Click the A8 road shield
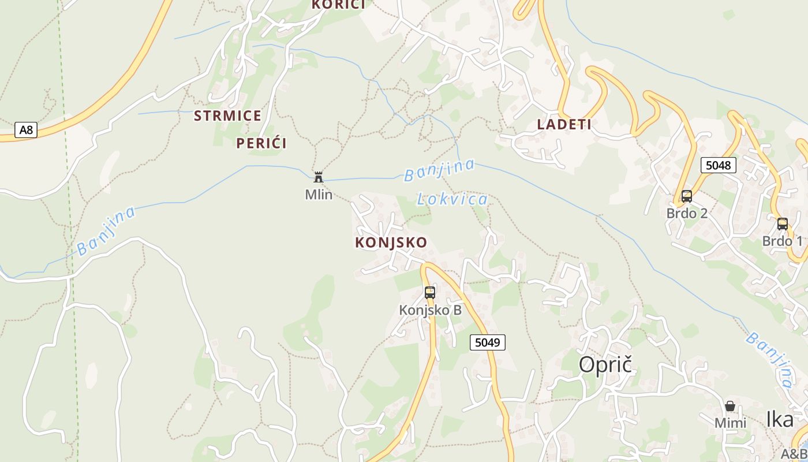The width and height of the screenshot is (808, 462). point(26,130)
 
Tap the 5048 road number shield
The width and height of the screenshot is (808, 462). point(719,165)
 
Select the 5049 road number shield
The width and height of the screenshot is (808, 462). point(487,342)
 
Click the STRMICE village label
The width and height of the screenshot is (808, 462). point(227,116)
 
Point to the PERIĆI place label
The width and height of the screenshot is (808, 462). point(261,143)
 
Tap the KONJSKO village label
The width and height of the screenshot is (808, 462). point(391,243)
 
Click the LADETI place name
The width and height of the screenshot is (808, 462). point(564,124)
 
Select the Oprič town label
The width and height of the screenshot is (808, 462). point(605,364)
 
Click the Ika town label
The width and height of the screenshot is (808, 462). point(780,420)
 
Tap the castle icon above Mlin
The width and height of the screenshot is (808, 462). point(318,177)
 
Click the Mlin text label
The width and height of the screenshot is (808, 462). point(319,195)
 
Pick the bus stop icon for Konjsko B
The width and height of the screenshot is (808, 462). point(430,292)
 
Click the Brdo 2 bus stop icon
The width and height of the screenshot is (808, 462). point(686,196)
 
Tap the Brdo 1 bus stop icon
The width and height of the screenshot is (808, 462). point(782,223)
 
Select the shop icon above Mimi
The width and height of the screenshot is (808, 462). point(730,406)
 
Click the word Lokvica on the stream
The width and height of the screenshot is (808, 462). point(452,200)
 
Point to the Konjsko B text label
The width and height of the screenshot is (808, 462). point(430,310)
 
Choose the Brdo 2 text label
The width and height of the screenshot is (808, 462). point(687,213)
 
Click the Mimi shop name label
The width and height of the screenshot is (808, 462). point(730,423)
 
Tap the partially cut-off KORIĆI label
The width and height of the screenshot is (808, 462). point(338,5)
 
